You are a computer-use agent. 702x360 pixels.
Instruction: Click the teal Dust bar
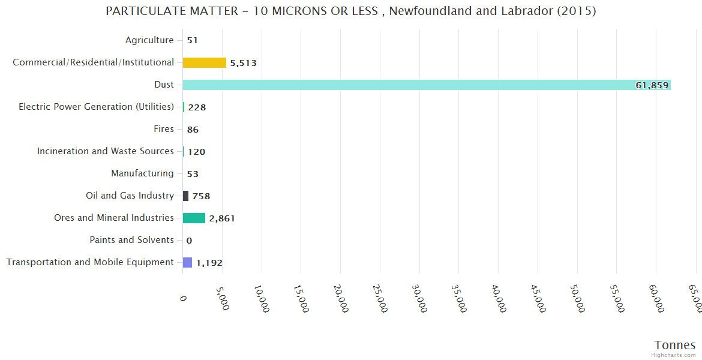(408, 85)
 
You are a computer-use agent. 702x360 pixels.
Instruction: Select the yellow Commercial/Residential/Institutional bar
(205, 62)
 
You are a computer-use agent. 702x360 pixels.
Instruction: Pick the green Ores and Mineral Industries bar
(194, 218)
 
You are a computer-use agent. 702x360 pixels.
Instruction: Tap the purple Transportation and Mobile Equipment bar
(187, 262)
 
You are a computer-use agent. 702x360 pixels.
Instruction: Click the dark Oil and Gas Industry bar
(185, 196)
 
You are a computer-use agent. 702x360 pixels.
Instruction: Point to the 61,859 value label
(652, 85)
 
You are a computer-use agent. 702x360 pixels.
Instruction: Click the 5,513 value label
(244, 63)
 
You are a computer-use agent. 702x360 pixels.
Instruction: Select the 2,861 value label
(222, 218)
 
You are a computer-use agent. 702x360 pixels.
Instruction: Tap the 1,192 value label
(209, 263)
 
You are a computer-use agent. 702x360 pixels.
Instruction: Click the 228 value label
(197, 107)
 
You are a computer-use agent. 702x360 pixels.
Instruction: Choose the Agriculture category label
(149, 40)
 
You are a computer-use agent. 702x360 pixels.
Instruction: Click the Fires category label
(164, 129)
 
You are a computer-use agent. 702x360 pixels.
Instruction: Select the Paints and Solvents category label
(131, 240)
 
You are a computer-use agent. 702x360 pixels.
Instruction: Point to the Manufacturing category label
(142, 173)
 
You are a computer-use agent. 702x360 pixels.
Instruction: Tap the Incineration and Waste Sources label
(106, 151)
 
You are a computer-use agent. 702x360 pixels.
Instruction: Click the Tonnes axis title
(675, 345)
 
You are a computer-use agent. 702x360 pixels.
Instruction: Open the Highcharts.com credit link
(674, 355)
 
